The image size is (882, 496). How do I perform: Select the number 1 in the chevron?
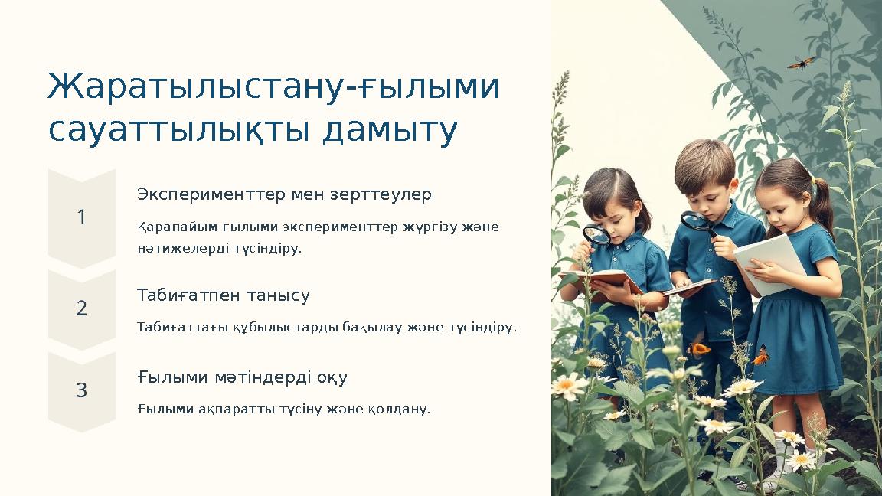pyautogui.click(x=82, y=218)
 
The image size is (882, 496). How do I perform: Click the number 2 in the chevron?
pyautogui.click(x=82, y=308)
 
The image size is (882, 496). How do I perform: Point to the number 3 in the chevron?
pyautogui.click(x=82, y=391)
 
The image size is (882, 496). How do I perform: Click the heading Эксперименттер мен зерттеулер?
pyautogui.click(x=284, y=194)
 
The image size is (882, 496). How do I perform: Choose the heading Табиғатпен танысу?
pyautogui.click(x=224, y=295)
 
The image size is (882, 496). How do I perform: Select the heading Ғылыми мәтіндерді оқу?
pyautogui.click(x=243, y=377)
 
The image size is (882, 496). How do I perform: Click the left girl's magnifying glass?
pyautogui.click(x=596, y=234)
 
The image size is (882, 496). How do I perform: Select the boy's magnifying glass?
pyautogui.click(x=695, y=221)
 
